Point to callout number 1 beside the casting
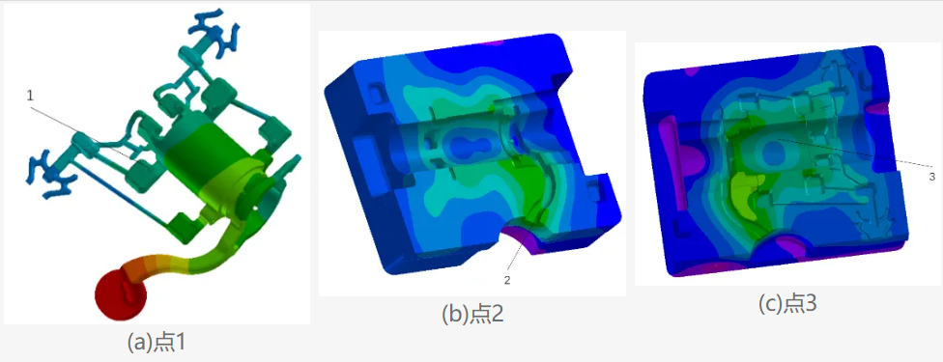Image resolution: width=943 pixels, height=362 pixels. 29,94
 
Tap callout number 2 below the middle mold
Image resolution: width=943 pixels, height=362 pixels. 507,279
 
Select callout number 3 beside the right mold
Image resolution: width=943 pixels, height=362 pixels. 931,177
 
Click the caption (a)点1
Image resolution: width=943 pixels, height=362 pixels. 157,342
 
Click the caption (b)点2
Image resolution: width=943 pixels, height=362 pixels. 472,315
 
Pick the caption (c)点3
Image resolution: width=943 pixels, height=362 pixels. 787,305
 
